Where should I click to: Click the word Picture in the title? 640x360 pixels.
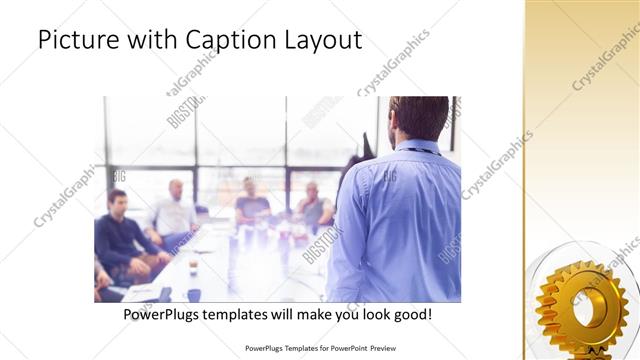[75, 41]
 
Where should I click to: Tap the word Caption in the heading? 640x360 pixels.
[226, 41]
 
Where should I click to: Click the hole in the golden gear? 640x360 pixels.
[585, 305]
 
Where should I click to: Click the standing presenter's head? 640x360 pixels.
[418, 118]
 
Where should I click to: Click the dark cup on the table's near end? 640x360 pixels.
[193, 294]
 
